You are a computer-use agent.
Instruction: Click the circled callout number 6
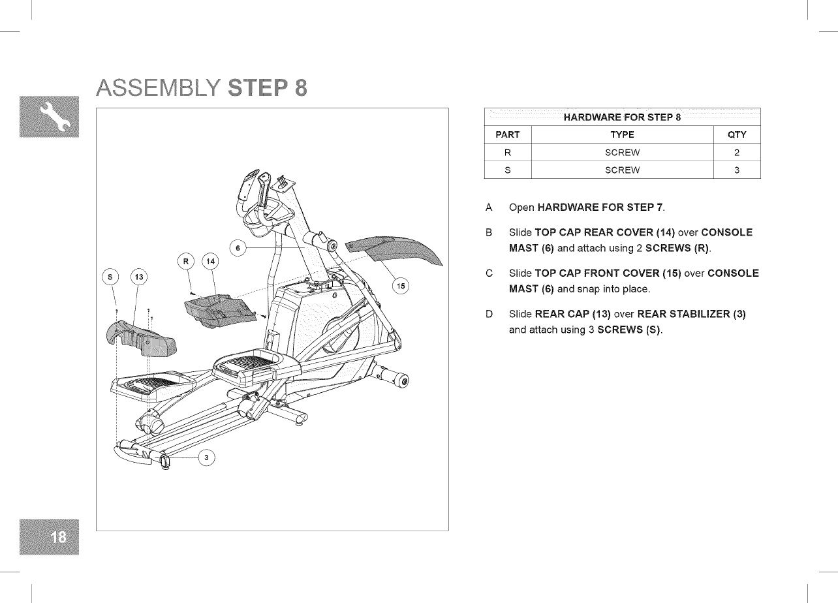238,249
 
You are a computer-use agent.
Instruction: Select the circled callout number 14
210,262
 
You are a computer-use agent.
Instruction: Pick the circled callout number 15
401,286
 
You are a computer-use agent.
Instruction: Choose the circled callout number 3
207,457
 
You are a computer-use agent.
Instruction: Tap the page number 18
58,536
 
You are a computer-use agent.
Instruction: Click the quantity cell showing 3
736,170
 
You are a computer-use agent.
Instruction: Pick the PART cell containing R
508,153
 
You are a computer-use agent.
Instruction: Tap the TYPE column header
622,135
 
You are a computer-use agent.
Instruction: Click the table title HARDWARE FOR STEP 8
622,117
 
